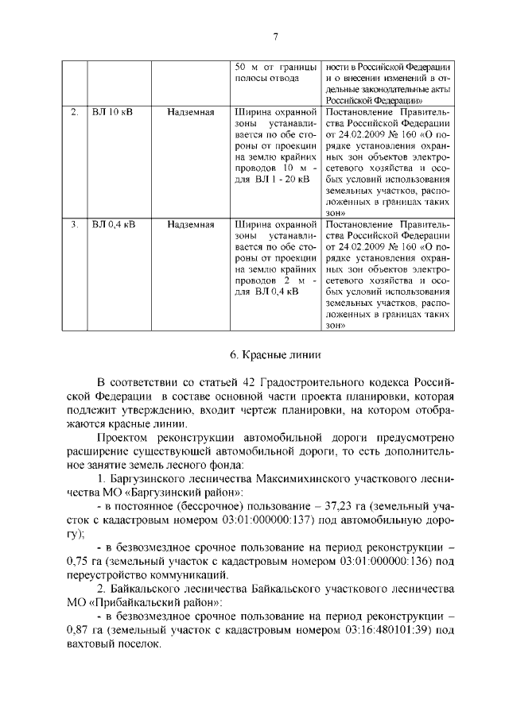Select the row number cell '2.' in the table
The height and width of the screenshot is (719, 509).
pos(73,112)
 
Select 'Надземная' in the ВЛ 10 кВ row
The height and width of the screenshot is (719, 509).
pos(191,112)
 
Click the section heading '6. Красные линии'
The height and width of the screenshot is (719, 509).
pos(274,355)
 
